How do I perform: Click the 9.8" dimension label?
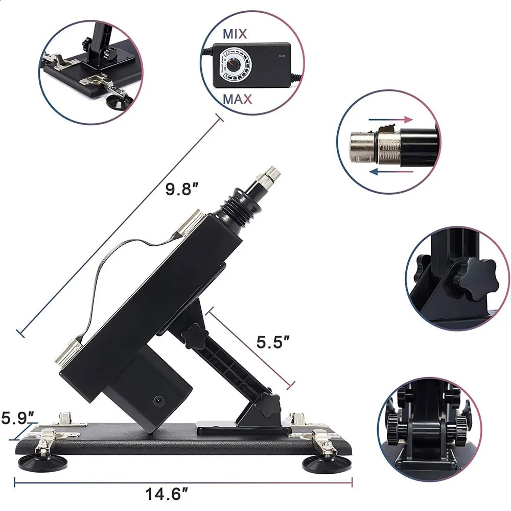pyautogui.click(x=181, y=190)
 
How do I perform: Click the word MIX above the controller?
pyautogui.click(x=235, y=35)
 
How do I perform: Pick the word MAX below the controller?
pyautogui.click(x=237, y=99)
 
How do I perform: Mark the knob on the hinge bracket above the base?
pyautogui.click(x=269, y=405)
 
